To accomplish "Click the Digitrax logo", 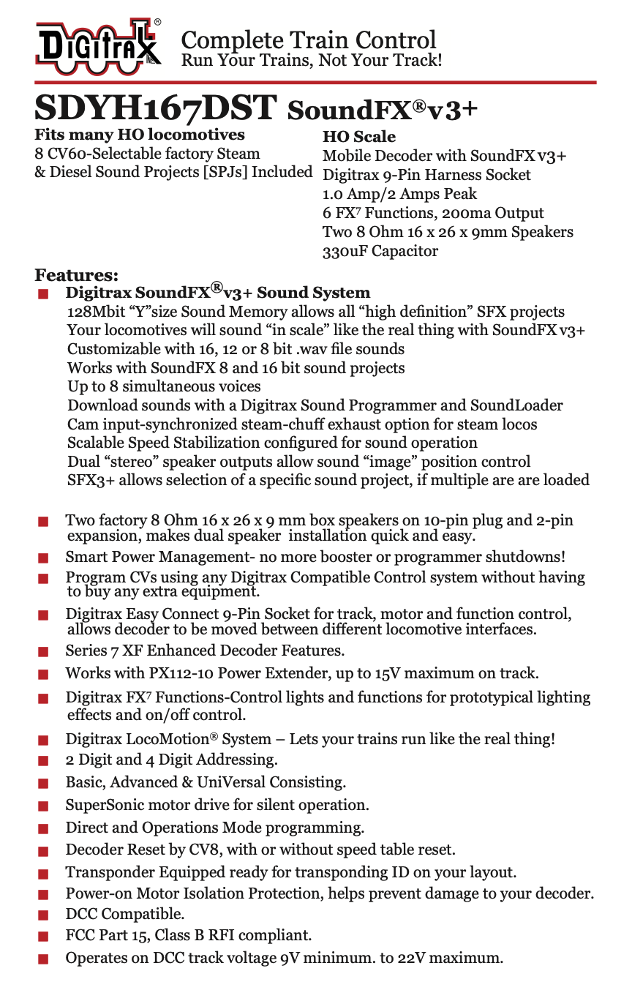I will pos(98,45).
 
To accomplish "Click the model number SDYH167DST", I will pos(156,108).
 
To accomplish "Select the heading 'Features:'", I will pos(76,276).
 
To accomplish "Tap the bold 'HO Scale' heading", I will pos(358,137).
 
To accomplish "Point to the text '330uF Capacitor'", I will pos(380,251).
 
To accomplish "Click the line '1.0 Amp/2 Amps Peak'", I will pos(399,194).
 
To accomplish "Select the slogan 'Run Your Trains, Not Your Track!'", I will pos(311,60).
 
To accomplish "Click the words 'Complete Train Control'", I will pos(308,39).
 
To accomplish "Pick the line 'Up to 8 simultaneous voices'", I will pos(164,386).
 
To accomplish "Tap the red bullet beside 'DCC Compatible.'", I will pos(43,915).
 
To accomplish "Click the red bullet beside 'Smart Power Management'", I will pos(43,558).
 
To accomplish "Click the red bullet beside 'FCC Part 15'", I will pos(43,936).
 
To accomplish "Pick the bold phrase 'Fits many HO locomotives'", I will pos(140,135).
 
